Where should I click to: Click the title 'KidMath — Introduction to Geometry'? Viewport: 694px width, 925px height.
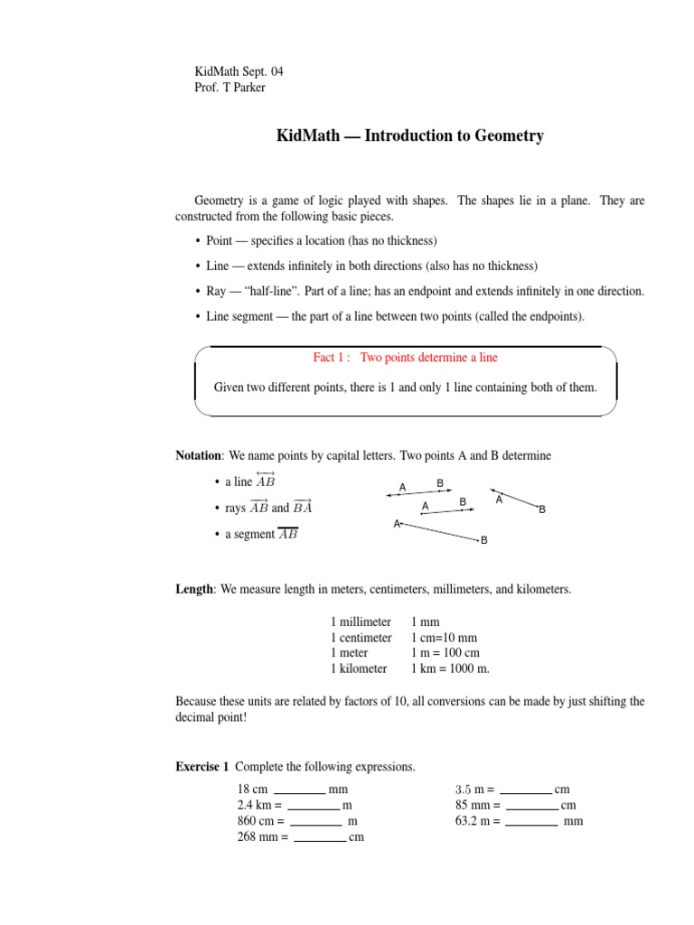coord(409,136)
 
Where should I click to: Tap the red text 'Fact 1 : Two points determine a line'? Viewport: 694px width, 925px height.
coord(405,358)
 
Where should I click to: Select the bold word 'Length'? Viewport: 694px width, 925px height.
coord(193,589)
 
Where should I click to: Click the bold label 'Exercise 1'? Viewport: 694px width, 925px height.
coord(202,767)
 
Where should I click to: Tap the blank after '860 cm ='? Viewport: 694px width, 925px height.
coord(315,822)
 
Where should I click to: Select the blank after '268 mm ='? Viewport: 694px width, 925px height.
coord(320,838)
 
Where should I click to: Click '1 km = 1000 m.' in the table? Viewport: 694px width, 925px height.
coord(450,668)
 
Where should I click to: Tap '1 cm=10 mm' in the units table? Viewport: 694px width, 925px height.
coord(444,638)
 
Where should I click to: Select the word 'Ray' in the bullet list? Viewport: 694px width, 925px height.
coord(218,292)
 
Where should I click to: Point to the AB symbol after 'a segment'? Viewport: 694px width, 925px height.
coord(288,534)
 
